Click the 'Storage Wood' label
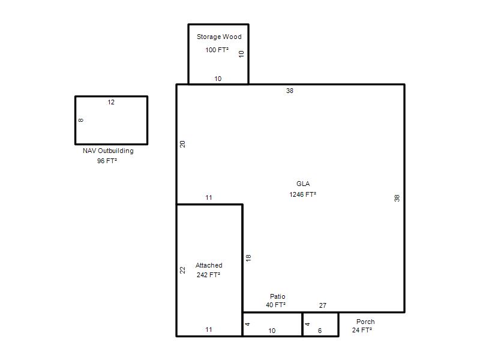click(x=219, y=37)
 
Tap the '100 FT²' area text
click(x=217, y=50)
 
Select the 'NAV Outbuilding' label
click(x=108, y=151)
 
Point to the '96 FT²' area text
click(x=107, y=161)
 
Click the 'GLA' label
click(x=303, y=184)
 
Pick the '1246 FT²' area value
click(x=303, y=194)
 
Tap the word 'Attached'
click(x=209, y=265)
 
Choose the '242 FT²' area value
click(x=208, y=275)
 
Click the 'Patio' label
click(x=277, y=296)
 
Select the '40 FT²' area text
click(x=275, y=305)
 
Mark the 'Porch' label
click(x=365, y=322)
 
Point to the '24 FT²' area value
click(x=362, y=330)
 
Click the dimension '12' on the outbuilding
click(x=111, y=102)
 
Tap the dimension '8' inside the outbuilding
click(x=81, y=121)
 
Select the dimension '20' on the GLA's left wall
click(x=182, y=144)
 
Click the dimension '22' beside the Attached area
click(x=182, y=270)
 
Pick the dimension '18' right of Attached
click(x=248, y=258)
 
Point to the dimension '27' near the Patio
click(x=323, y=305)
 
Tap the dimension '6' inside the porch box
click(x=320, y=331)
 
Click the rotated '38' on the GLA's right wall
click(x=397, y=198)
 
